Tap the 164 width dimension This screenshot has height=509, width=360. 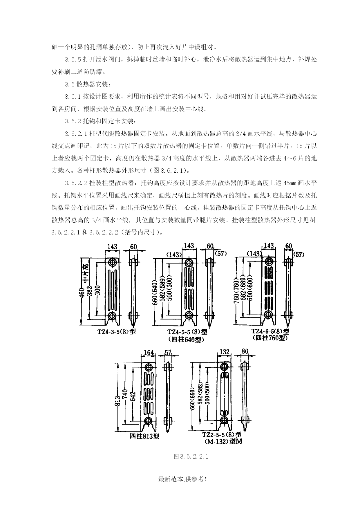click(x=149, y=353)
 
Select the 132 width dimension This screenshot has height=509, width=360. click(x=225, y=352)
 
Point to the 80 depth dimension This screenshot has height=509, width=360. click(x=245, y=351)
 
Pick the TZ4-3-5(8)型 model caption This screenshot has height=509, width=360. click(x=116, y=331)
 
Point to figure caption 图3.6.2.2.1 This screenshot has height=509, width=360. click(x=191, y=456)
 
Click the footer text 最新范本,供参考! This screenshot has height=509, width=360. click(x=182, y=479)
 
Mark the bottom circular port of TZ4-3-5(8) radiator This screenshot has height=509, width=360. click(x=112, y=315)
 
